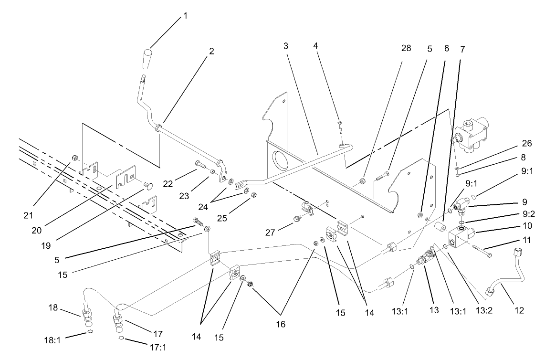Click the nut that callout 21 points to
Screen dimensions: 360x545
tap(74, 158)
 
